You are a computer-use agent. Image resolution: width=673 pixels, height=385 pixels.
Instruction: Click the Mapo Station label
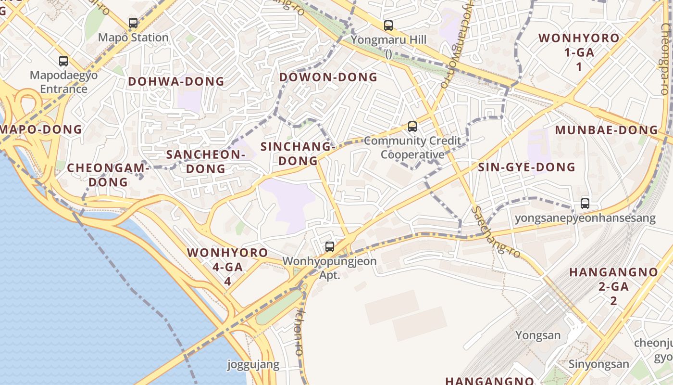133,38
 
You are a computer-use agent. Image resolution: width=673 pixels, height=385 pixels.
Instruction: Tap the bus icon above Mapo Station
133,23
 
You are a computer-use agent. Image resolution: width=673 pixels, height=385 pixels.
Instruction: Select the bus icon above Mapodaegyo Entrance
63,61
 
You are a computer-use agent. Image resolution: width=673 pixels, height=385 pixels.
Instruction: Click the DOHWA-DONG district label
176,82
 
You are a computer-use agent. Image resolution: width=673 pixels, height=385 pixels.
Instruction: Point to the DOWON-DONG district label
328,77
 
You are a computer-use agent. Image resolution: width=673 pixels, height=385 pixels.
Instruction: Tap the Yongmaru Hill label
388,39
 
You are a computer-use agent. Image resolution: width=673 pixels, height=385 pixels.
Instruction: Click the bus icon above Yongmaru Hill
388,26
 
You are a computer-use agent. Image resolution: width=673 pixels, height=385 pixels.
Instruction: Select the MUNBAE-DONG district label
606,130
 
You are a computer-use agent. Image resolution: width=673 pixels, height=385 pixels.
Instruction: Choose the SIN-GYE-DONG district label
526,167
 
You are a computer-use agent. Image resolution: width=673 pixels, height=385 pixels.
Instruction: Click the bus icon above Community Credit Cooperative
412,127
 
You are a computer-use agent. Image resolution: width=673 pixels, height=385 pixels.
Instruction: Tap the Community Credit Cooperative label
412,148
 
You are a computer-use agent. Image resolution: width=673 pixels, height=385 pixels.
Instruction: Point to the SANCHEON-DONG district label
206,162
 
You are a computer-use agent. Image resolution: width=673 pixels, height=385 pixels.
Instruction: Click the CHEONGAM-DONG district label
108,175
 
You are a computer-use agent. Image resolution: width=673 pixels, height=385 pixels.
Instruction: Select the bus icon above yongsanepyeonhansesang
585,204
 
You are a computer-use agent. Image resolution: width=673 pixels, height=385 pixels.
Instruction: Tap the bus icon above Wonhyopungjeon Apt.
329,247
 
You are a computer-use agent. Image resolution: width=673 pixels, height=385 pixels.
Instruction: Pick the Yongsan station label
538,335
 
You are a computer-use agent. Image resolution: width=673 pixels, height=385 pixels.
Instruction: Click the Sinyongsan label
598,364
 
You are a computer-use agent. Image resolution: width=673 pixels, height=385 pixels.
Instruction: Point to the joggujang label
253,364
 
